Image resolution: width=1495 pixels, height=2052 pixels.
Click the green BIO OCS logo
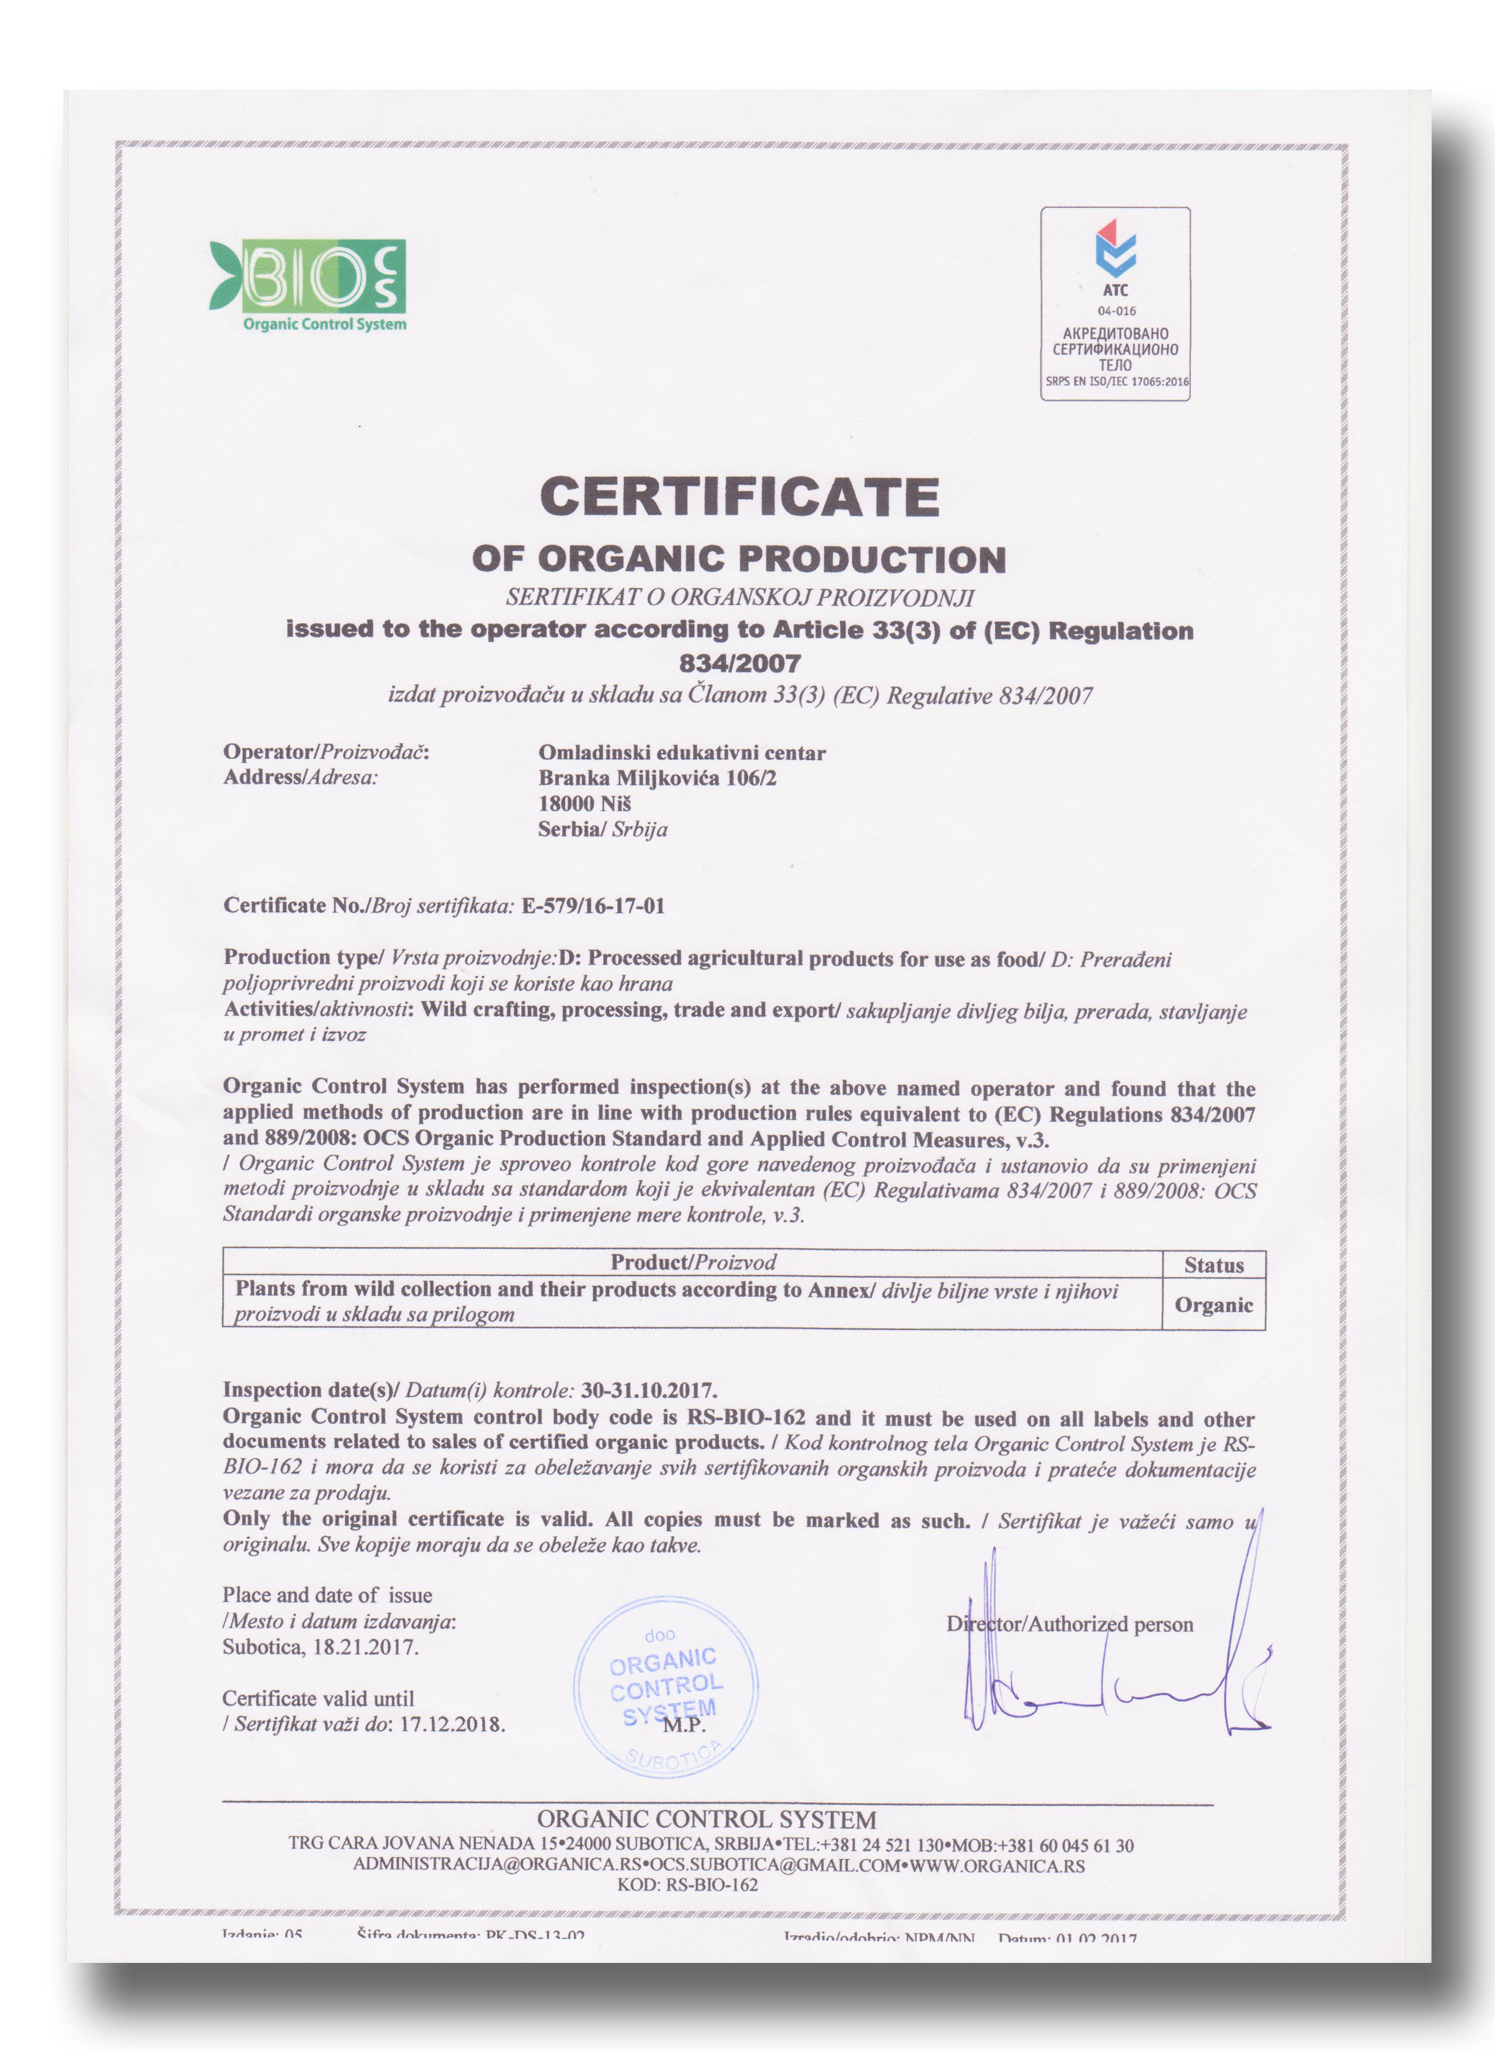point(308,284)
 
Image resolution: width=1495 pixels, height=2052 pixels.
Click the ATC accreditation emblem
point(1115,302)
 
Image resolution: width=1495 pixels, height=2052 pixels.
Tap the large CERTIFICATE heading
point(739,496)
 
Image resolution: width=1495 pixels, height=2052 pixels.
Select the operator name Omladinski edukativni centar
point(681,752)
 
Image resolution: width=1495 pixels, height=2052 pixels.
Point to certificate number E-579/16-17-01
point(594,906)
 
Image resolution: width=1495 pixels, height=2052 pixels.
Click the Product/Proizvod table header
point(692,1262)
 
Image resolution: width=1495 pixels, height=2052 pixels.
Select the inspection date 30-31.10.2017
point(649,1390)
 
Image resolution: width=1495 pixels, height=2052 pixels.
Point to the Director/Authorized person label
point(1070,1624)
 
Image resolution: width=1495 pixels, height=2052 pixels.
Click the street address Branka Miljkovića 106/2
point(657,777)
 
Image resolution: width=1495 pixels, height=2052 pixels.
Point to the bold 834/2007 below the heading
point(739,663)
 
